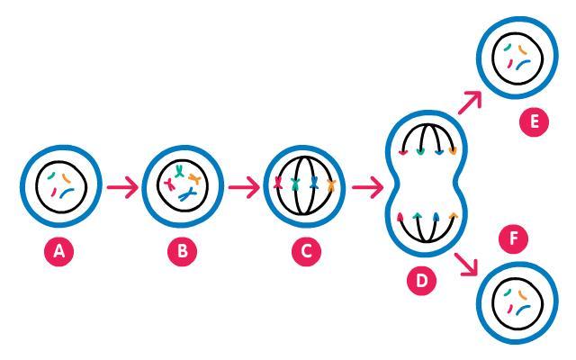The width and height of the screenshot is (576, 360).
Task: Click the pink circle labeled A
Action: (x=60, y=253)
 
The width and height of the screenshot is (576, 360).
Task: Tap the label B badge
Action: (x=183, y=253)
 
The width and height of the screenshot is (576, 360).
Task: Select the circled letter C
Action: (x=306, y=253)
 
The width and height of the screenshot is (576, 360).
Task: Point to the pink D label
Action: (x=420, y=281)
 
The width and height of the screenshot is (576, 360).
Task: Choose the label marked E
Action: (x=536, y=121)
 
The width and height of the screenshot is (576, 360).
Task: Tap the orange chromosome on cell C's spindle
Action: (x=331, y=186)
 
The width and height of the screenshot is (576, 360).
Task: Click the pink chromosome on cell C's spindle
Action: (x=278, y=186)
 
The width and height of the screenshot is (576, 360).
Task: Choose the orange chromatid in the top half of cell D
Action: (x=452, y=152)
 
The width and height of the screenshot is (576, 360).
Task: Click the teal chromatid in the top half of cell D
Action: (x=418, y=152)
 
